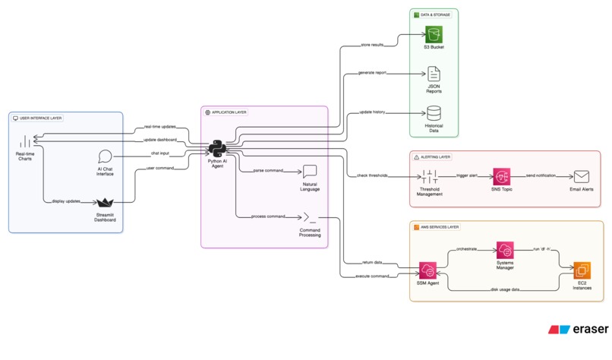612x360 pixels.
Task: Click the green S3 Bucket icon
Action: click(x=434, y=34)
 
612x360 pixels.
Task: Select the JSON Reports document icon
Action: click(x=434, y=74)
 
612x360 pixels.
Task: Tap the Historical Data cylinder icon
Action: click(x=434, y=113)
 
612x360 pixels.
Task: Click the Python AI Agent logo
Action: click(x=216, y=148)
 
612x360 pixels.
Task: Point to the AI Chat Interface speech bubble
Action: click(x=106, y=157)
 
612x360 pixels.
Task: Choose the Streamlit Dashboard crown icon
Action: click(x=105, y=202)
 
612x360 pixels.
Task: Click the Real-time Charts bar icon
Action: click(x=25, y=142)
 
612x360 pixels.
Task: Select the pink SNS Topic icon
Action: click(x=501, y=176)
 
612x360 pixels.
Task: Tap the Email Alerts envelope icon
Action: click(x=582, y=176)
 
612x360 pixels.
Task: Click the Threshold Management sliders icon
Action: click(x=430, y=176)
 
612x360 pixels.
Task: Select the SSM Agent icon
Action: click(x=427, y=270)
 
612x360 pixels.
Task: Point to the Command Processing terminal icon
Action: click(x=310, y=218)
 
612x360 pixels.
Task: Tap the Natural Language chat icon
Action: click(x=310, y=172)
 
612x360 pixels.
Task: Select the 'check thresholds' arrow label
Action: click(x=373, y=175)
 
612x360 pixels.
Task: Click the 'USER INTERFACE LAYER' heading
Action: click(x=41, y=118)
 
